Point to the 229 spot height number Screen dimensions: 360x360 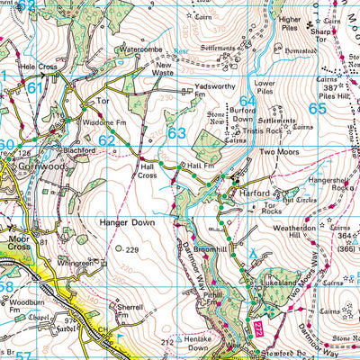(133, 250)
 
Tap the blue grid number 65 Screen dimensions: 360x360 (318, 108)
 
